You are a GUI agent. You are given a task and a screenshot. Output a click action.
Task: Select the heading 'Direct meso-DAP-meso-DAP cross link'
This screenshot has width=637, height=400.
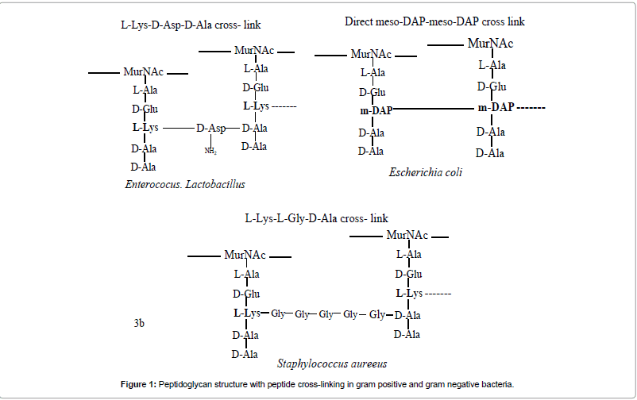[434, 21]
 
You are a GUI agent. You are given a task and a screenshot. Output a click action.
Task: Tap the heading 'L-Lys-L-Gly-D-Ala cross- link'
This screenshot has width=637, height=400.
[317, 217]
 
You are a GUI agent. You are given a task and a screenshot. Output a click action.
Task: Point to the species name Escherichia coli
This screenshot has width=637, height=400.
[426, 171]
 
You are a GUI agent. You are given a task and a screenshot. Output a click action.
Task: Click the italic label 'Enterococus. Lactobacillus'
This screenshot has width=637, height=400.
[185, 184]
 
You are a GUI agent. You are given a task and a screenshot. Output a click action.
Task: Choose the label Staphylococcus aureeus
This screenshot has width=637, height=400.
[332, 363]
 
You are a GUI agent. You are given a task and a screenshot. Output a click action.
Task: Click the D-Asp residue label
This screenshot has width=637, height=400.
[211, 128]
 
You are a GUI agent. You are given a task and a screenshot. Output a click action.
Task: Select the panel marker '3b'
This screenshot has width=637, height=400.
[138, 323]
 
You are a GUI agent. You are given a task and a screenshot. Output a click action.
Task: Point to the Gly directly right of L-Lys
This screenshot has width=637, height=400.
[278, 314]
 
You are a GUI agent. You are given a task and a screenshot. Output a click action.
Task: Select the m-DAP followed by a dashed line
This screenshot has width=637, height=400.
[494, 107]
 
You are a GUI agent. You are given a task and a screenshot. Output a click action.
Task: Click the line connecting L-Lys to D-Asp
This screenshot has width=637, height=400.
[178, 128]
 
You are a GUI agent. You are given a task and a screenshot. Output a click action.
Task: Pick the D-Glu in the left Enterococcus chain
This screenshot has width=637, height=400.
[145, 109]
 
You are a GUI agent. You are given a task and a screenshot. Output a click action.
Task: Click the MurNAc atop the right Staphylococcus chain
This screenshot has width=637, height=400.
[407, 235]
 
